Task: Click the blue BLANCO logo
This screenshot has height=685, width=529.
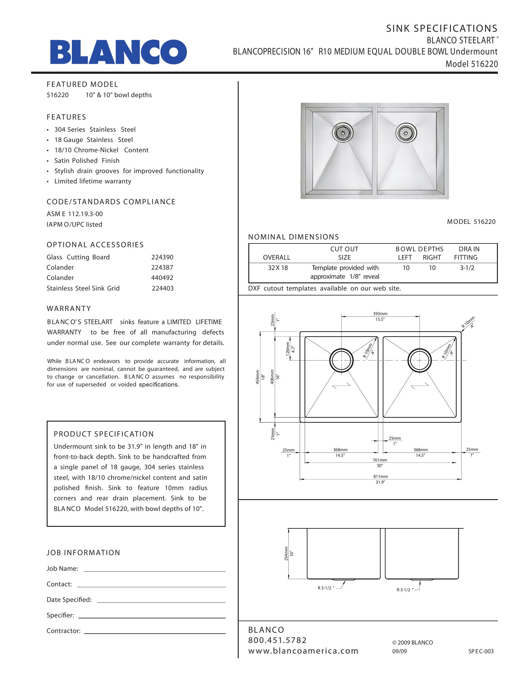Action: (x=119, y=52)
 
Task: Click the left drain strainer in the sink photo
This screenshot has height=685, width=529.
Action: (x=343, y=133)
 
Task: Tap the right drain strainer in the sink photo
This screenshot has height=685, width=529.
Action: (x=406, y=133)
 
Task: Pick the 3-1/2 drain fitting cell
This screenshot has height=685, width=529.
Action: (x=467, y=268)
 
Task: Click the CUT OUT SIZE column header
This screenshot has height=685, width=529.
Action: (x=344, y=253)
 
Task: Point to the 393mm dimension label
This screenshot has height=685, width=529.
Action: (x=380, y=314)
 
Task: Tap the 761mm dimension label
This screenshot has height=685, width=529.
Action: (x=380, y=460)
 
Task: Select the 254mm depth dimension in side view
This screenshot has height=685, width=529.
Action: (x=286, y=554)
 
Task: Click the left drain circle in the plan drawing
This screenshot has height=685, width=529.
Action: (x=341, y=360)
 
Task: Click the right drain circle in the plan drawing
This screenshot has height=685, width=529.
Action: (x=419, y=360)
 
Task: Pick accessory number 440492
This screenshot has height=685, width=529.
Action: (x=162, y=278)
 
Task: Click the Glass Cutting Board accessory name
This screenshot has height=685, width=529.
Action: (x=78, y=257)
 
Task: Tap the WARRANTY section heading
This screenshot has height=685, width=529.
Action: (x=69, y=309)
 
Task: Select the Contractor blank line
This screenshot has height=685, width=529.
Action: (x=155, y=631)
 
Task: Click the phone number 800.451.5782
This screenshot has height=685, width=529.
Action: (x=277, y=640)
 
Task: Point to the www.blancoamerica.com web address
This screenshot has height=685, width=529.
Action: (x=303, y=651)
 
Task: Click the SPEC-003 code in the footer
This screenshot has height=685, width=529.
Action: (x=481, y=651)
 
